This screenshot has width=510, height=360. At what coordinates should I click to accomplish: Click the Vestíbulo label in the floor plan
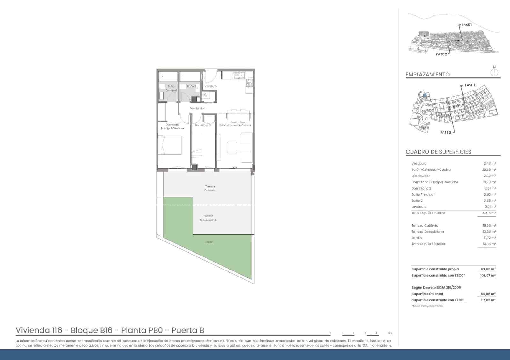211,86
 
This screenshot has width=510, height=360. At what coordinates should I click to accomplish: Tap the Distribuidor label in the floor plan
197,109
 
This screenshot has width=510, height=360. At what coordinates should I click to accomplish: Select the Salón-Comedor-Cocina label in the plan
235,125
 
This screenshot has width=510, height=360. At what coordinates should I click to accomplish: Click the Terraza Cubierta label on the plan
210,188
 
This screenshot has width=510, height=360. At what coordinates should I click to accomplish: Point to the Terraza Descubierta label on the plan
208,218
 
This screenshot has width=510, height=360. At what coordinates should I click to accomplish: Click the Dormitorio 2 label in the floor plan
203,125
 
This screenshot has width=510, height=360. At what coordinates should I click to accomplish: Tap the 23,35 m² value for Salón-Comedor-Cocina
489,170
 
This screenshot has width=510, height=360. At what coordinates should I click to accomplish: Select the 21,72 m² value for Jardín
489,238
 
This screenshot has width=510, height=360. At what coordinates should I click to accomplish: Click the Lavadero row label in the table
419,207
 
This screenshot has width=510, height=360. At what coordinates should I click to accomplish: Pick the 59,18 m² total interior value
489,213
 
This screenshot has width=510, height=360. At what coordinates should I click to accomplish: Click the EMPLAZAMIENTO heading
427,75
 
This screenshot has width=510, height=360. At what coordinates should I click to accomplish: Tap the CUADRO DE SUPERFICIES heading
438,152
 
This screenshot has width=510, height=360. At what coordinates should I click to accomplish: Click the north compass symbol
494,72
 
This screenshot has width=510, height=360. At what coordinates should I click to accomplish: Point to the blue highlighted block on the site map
425,95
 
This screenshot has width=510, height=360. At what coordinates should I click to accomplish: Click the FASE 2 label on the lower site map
446,133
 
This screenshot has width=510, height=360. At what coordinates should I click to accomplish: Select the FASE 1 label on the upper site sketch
467,25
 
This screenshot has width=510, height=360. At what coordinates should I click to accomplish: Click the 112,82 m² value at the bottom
488,300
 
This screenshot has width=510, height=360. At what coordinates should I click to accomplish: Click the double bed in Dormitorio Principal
170,145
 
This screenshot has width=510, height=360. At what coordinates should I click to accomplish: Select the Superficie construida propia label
435,269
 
